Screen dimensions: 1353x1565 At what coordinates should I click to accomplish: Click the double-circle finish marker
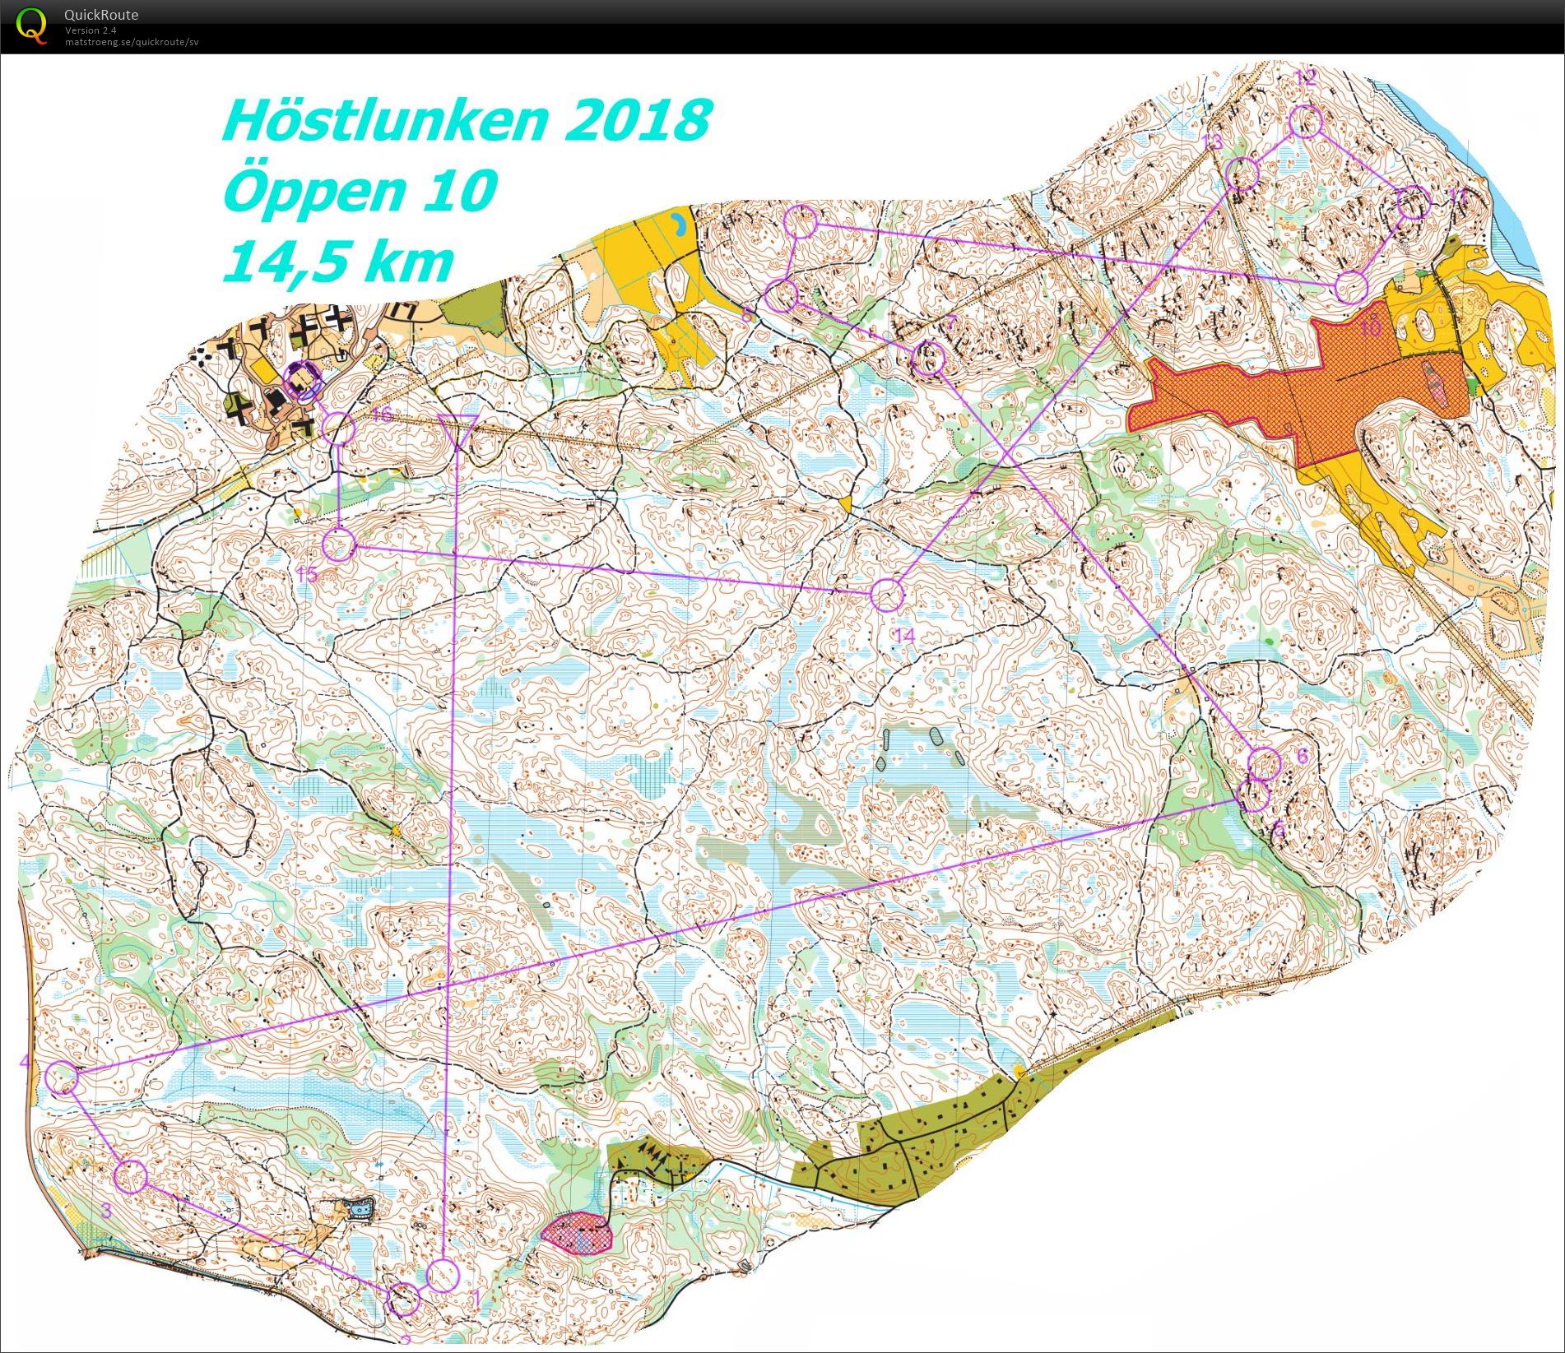pyautogui.click(x=302, y=381)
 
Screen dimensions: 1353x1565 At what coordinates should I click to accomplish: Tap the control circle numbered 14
pyautogui.click(x=886, y=595)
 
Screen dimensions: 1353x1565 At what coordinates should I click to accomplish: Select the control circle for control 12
pyautogui.click(x=1305, y=123)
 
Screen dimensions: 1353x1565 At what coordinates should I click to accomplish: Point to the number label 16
pyautogui.click(x=382, y=414)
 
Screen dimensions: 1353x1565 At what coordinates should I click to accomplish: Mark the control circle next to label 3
pyautogui.click(x=131, y=1176)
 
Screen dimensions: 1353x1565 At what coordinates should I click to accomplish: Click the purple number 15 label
pyautogui.click(x=307, y=575)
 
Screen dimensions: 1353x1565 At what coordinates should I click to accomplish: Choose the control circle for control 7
pyautogui.click(x=929, y=359)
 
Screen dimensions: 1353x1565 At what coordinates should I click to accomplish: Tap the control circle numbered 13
pyautogui.click(x=1242, y=174)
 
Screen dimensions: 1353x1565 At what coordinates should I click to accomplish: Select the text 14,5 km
pyautogui.click(x=337, y=262)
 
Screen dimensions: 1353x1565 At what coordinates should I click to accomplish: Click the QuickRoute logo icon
pyautogui.click(x=31, y=26)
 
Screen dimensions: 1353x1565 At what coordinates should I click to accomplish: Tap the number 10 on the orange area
pyautogui.click(x=1370, y=329)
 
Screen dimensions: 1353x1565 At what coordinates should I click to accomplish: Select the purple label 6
pyautogui.click(x=1302, y=755)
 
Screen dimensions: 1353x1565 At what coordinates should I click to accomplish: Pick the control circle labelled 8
pyautogui.click(x=782, y=295)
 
